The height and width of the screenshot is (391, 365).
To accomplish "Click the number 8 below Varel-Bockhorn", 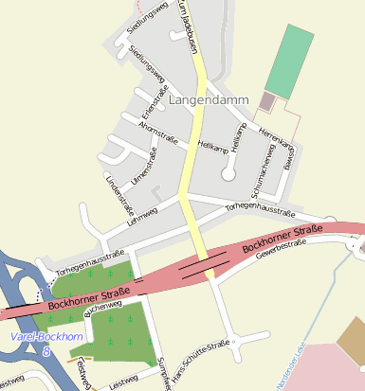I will pos(46,351).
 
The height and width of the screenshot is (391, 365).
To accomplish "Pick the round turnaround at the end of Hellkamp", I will pos(228,173).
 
